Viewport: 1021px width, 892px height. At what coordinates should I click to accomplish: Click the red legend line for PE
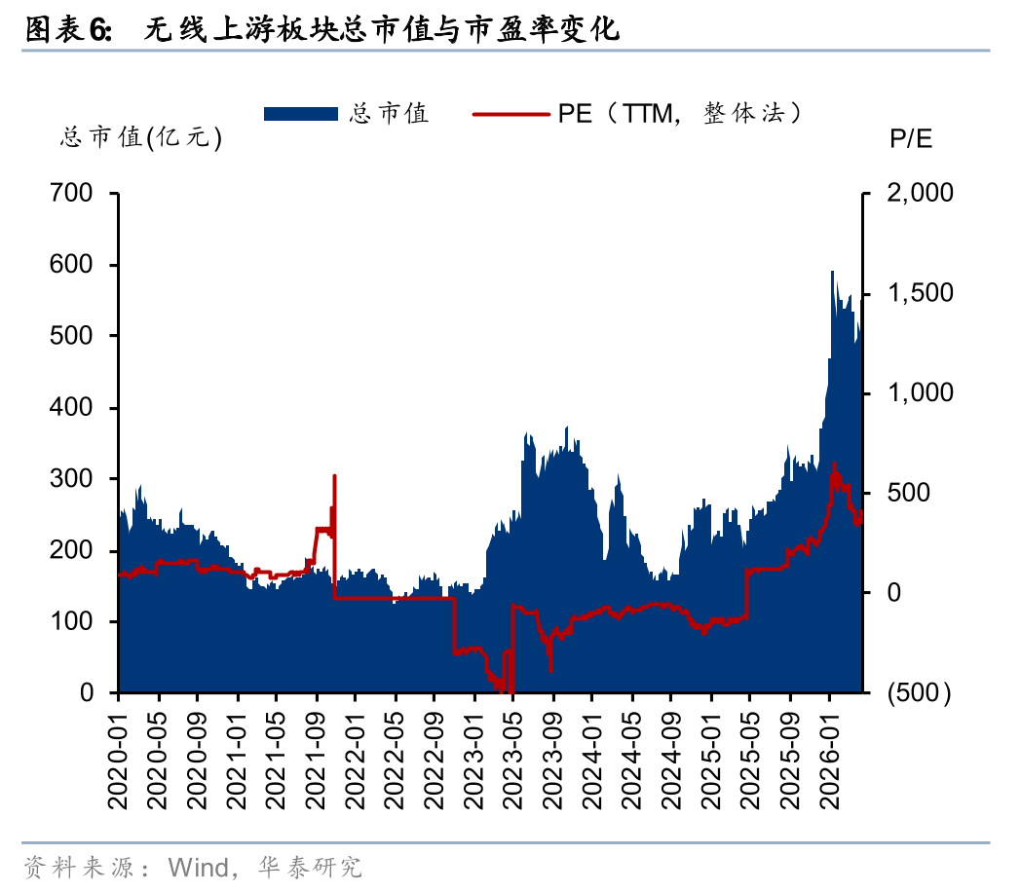[511, 114]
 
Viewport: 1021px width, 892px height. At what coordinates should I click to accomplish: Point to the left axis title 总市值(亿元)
[141, 138]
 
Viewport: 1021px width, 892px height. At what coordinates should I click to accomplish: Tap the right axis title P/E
[911, 138]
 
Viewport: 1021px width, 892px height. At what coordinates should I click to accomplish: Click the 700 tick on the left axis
[74, 194]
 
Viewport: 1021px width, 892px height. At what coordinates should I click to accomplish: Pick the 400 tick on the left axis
[74, 408]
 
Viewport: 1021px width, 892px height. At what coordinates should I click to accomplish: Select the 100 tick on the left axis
[74, 621]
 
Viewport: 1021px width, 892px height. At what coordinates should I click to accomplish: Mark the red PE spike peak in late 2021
[334, 476]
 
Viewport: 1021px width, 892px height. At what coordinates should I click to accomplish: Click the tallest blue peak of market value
[832, 272]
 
